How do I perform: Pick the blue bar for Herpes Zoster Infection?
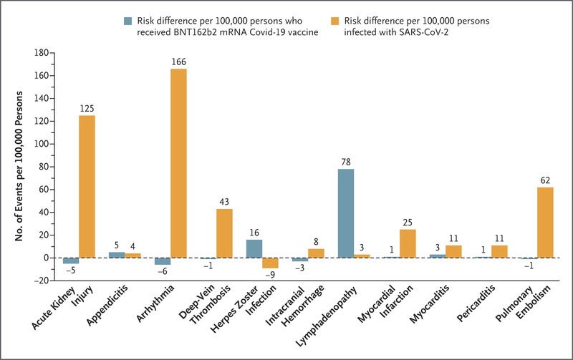(x=254, y=248)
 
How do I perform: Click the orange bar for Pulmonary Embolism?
(x=545, y=222)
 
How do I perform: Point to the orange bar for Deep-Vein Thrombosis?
(x=224, y=233)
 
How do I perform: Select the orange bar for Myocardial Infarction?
(x=408, y=243)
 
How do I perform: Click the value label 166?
(x=179, y=63)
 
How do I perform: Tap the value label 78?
(x=346, y=162)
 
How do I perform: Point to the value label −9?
(x=270, y=275)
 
